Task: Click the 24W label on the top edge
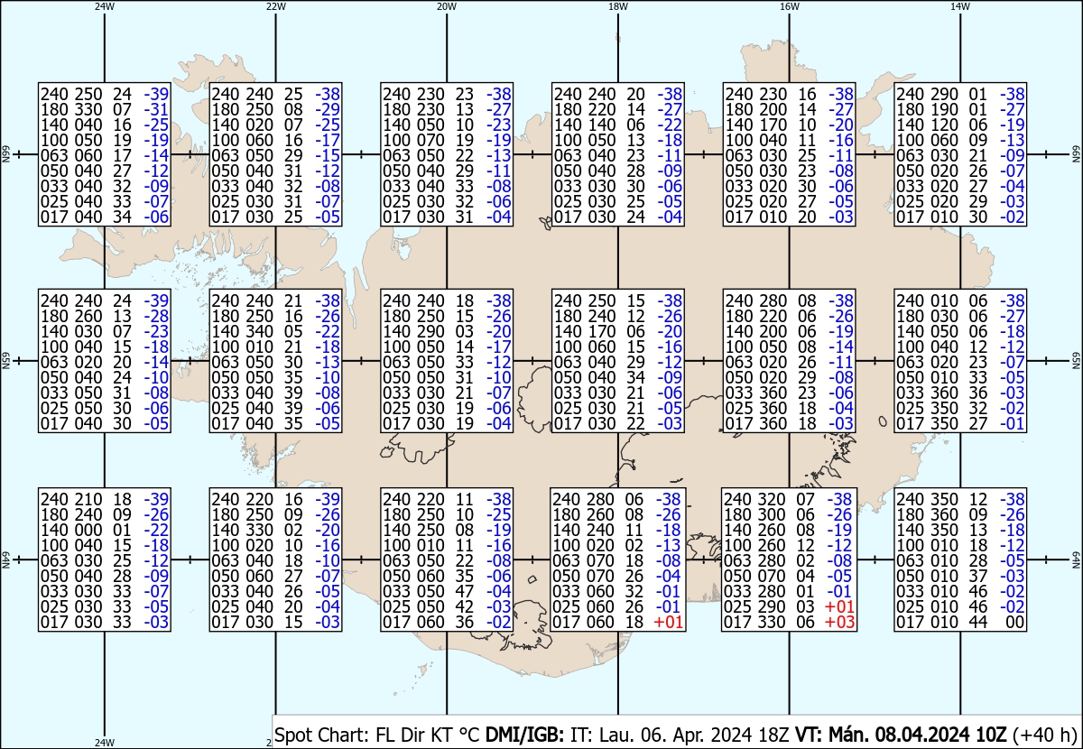tap(105, 6)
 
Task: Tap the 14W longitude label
tap(959, 6)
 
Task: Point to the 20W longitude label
tap(446, 6)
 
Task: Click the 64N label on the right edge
tap(1077, 559)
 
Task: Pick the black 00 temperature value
tap(1015, 622)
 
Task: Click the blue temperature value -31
tap(157, 109)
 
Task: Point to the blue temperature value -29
tap(328, 109)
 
